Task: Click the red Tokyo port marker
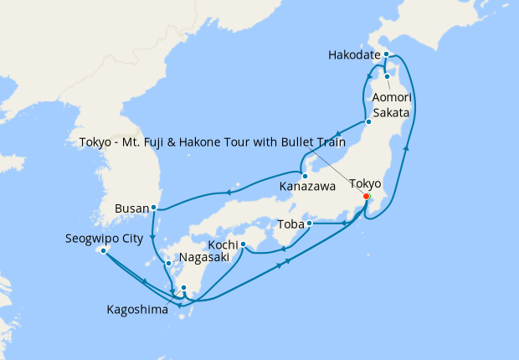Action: pyautogui.click(x=366, y=197)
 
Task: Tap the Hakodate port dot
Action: pyautogui.click(x=386, y=54)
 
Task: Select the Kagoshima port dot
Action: pyautogui.click(x=184, y=288)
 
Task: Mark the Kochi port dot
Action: pyautogui.click(x=241, y=244)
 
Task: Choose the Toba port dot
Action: pyautogui.click(x=309, y=224)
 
